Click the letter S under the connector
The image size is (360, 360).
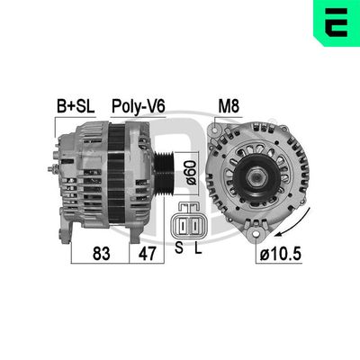tap(178, 247)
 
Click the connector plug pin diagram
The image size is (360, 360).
tap(189, 225)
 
